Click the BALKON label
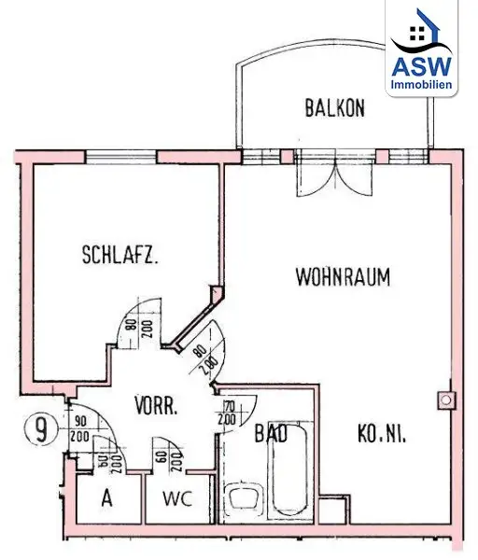(x=334, y=107)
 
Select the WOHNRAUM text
(x=343, y=277)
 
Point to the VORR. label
(x=157, y=405)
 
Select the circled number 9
(x=36, y=432)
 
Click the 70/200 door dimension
(x=227, y=411)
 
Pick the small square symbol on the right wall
(x=446, y=400)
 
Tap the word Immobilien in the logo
(x=424, y=85)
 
